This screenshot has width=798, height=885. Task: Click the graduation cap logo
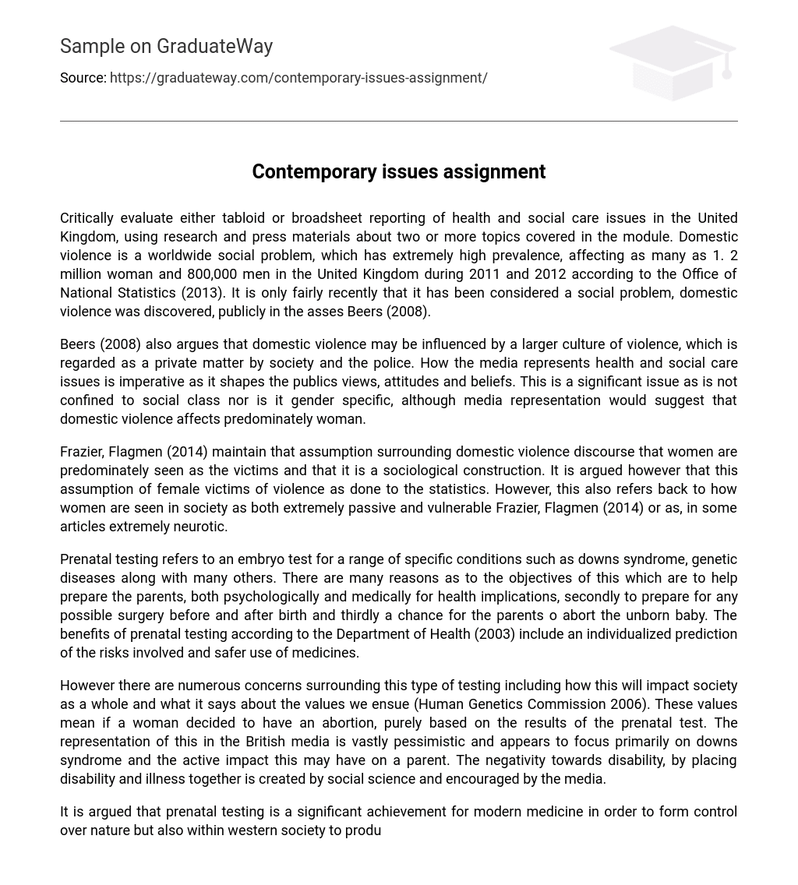(x=673, y=62)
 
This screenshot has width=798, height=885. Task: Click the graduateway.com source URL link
(x=298, y=78)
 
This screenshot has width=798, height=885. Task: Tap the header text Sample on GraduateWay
(x=166, y=47)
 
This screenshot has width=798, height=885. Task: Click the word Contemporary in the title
(x=314, y=172)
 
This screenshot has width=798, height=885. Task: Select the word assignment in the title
(x=494, y=172)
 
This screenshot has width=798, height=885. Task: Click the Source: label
(x=83, y=78)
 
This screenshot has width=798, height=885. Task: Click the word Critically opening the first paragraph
(x=87, y=218)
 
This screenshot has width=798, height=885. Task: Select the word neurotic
(x=200, y=527)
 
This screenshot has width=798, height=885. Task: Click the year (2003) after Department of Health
(x=495, y=634)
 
